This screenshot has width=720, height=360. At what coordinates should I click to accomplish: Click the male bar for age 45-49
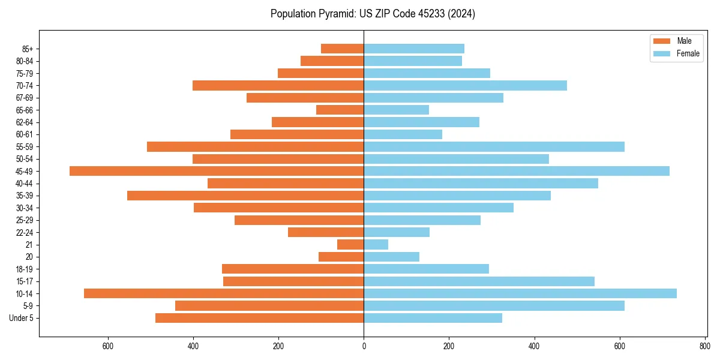217,171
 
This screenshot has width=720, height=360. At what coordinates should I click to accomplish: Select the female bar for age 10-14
520,293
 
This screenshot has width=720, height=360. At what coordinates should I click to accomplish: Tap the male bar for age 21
350,244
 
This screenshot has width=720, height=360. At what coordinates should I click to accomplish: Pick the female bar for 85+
414,49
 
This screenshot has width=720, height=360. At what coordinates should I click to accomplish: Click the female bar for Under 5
433,318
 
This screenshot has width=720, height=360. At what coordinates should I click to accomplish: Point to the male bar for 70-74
278,85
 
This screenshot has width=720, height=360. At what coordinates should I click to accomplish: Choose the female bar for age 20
391,257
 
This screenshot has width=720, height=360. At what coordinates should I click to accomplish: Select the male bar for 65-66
340,110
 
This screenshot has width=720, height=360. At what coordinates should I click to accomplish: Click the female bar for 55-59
494,146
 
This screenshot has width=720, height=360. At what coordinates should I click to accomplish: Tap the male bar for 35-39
245,196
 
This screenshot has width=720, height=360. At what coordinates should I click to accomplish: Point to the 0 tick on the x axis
364,346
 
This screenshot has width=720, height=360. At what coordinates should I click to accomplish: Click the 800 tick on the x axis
704,346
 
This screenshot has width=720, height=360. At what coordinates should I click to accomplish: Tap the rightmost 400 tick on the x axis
534,346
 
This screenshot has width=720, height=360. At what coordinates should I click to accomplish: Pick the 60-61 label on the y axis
25,134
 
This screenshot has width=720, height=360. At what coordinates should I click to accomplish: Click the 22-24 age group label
25,232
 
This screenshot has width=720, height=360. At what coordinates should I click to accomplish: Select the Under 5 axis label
22,318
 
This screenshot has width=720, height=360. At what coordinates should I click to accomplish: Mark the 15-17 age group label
25,281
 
